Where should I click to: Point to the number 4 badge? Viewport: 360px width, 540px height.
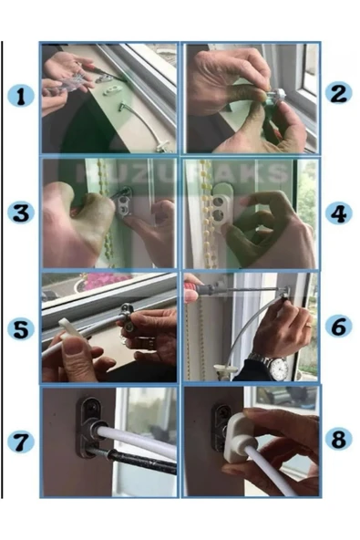click(339, 213)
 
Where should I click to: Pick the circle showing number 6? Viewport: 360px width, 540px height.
click(339, 327)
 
